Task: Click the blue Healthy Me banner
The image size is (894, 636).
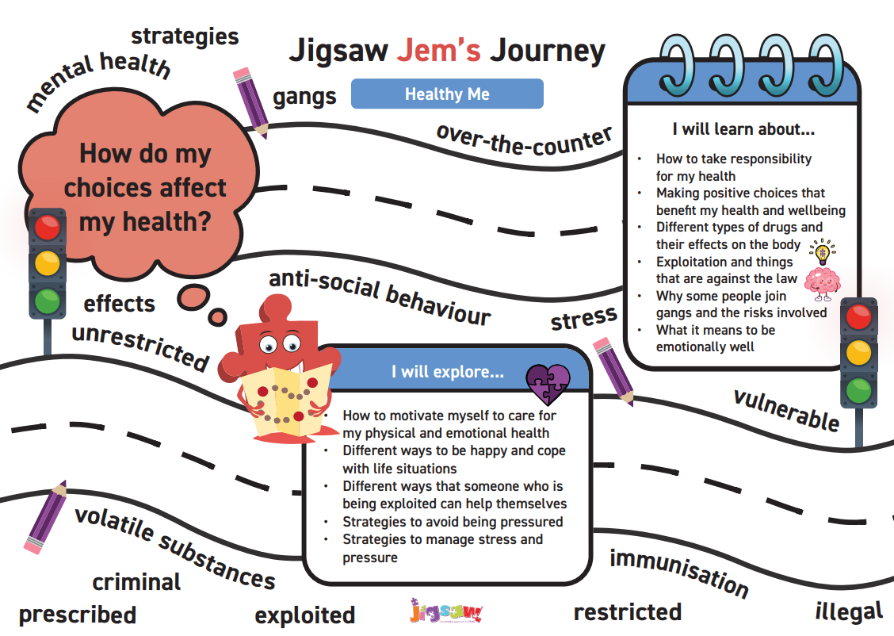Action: click(447, 94)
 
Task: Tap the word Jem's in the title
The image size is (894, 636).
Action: click(439, 51)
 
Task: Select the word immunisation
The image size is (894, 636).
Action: click(679, 573)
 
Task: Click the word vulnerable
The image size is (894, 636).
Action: click(785, 409)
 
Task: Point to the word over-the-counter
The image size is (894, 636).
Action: click(525, 142)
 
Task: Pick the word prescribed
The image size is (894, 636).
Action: click(78, 615)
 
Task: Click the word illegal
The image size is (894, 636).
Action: click(849, 611)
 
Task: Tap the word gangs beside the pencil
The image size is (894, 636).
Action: click(305, 98)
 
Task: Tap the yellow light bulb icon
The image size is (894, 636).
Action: click(822, 252)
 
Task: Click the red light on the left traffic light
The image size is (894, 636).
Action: click(48, 228)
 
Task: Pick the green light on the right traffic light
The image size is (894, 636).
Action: click(858, 390)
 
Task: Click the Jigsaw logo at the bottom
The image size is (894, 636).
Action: click(446, 611)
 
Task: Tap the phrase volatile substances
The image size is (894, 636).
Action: click(174, 548)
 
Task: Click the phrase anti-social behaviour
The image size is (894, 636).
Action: click(380, 297)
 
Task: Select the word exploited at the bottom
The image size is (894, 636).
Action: click(305, 615)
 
